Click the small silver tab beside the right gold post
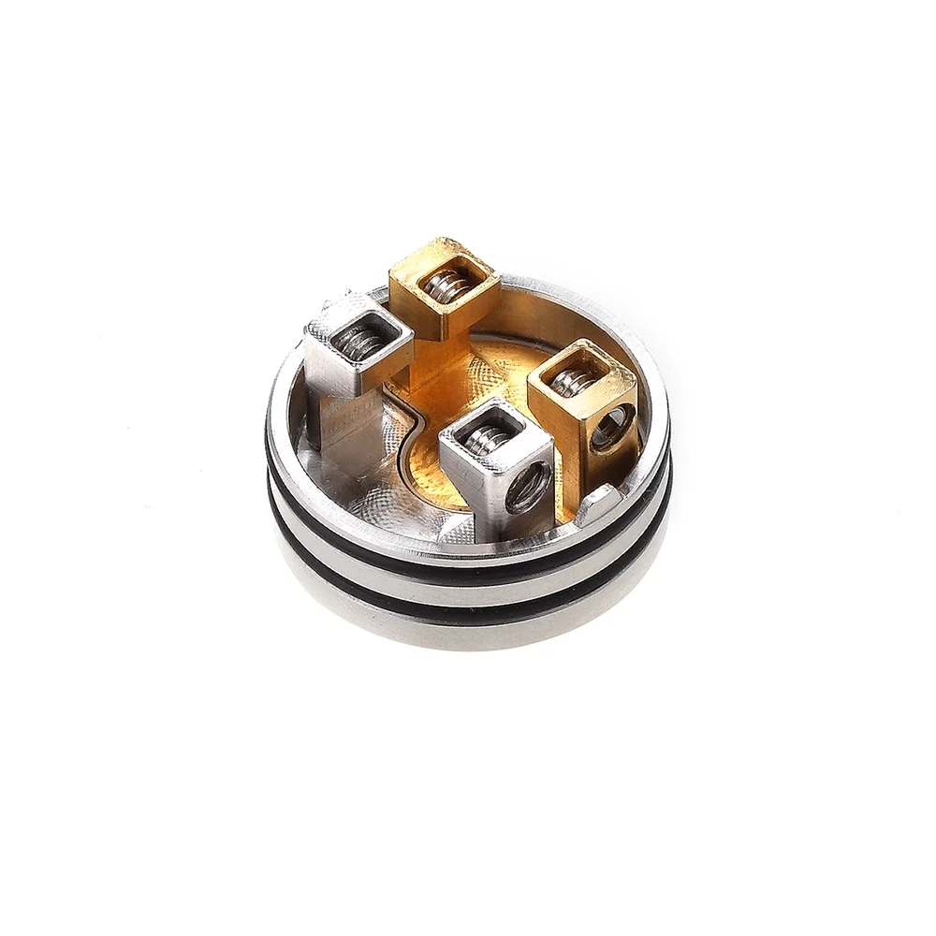pyautogui.click(x=596, y=506)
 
